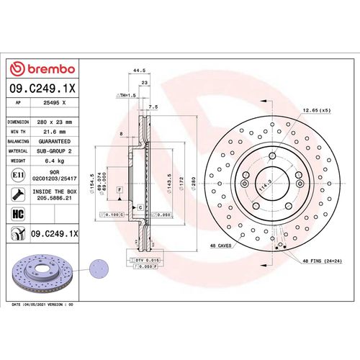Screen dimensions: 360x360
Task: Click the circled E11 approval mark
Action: (x=17, y=175)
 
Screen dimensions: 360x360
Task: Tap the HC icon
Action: (x=17, y=214)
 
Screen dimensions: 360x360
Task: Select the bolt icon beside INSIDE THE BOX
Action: (x=17, y=193)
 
